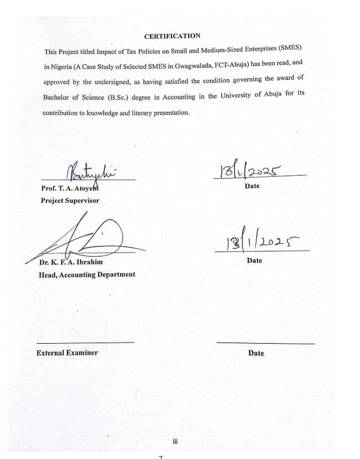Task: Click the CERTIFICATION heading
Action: click(172, 36)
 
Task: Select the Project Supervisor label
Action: click(70, 200)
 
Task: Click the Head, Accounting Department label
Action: click(86, 274)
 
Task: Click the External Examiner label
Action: click(67, 353)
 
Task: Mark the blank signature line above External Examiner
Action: click(85, 342)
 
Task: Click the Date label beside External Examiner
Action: click(256, 353)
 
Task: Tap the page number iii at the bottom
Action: click(176, 442)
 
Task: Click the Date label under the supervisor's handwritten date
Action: click(251, 186)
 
